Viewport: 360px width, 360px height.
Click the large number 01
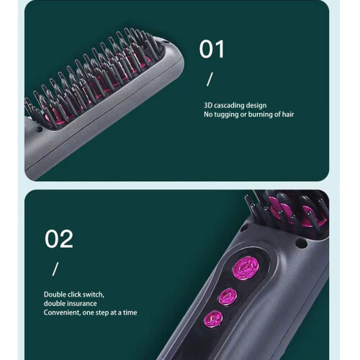point(212,49)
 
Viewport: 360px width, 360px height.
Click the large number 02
point(59,239)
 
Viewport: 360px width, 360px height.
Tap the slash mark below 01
point(210,79)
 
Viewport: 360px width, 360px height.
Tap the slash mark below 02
point(55,269)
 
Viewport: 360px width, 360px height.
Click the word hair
point(288,114)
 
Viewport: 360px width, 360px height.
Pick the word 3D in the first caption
point(208,105)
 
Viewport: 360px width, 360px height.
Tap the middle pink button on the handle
point(228,297)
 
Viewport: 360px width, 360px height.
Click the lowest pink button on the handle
point(213,319)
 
